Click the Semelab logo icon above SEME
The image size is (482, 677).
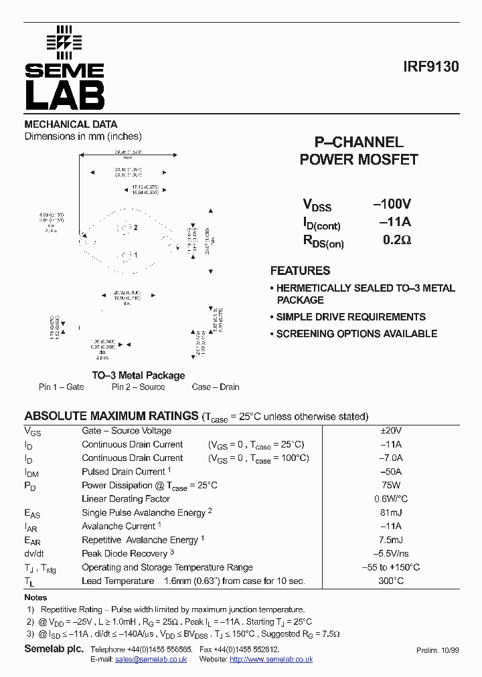coord(64,41)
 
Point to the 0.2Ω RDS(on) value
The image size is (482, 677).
coord(396,239)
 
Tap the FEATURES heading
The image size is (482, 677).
coord(300,271)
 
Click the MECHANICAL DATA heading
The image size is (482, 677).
coord(71,124)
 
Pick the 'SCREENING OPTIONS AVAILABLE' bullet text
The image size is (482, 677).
coord(357,334)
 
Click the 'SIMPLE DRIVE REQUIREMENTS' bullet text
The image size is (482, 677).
coord(351,317)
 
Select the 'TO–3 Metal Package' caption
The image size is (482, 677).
coord(138,375)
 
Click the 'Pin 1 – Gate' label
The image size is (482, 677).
coord(62,387)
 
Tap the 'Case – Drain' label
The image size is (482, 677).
coord(216,387)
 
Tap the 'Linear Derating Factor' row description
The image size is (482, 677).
coord(126,499)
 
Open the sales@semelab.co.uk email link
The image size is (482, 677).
coord(151,660)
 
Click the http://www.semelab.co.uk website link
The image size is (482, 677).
coord(271,660)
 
